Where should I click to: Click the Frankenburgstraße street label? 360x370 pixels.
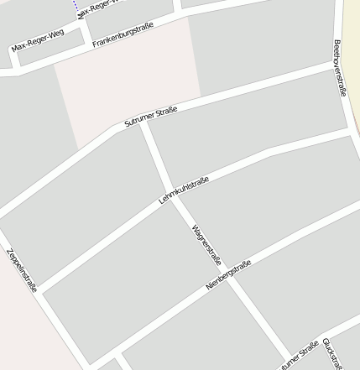point(123,35)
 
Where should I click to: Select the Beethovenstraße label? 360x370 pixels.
point(339,67)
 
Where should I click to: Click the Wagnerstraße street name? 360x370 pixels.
point(206,242)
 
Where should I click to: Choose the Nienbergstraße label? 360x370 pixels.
point(228,275)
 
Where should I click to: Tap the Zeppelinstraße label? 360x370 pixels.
point(22,269)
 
